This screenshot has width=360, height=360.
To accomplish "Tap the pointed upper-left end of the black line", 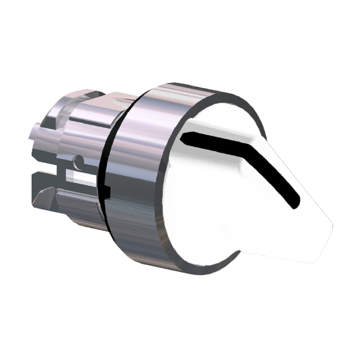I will [x=187, y=136].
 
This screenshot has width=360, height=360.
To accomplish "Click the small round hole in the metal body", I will [x=79, y=161].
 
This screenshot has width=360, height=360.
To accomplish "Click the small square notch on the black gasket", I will [x=106, y=191].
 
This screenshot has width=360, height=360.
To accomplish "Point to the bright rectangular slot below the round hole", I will [x=79, y=178].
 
